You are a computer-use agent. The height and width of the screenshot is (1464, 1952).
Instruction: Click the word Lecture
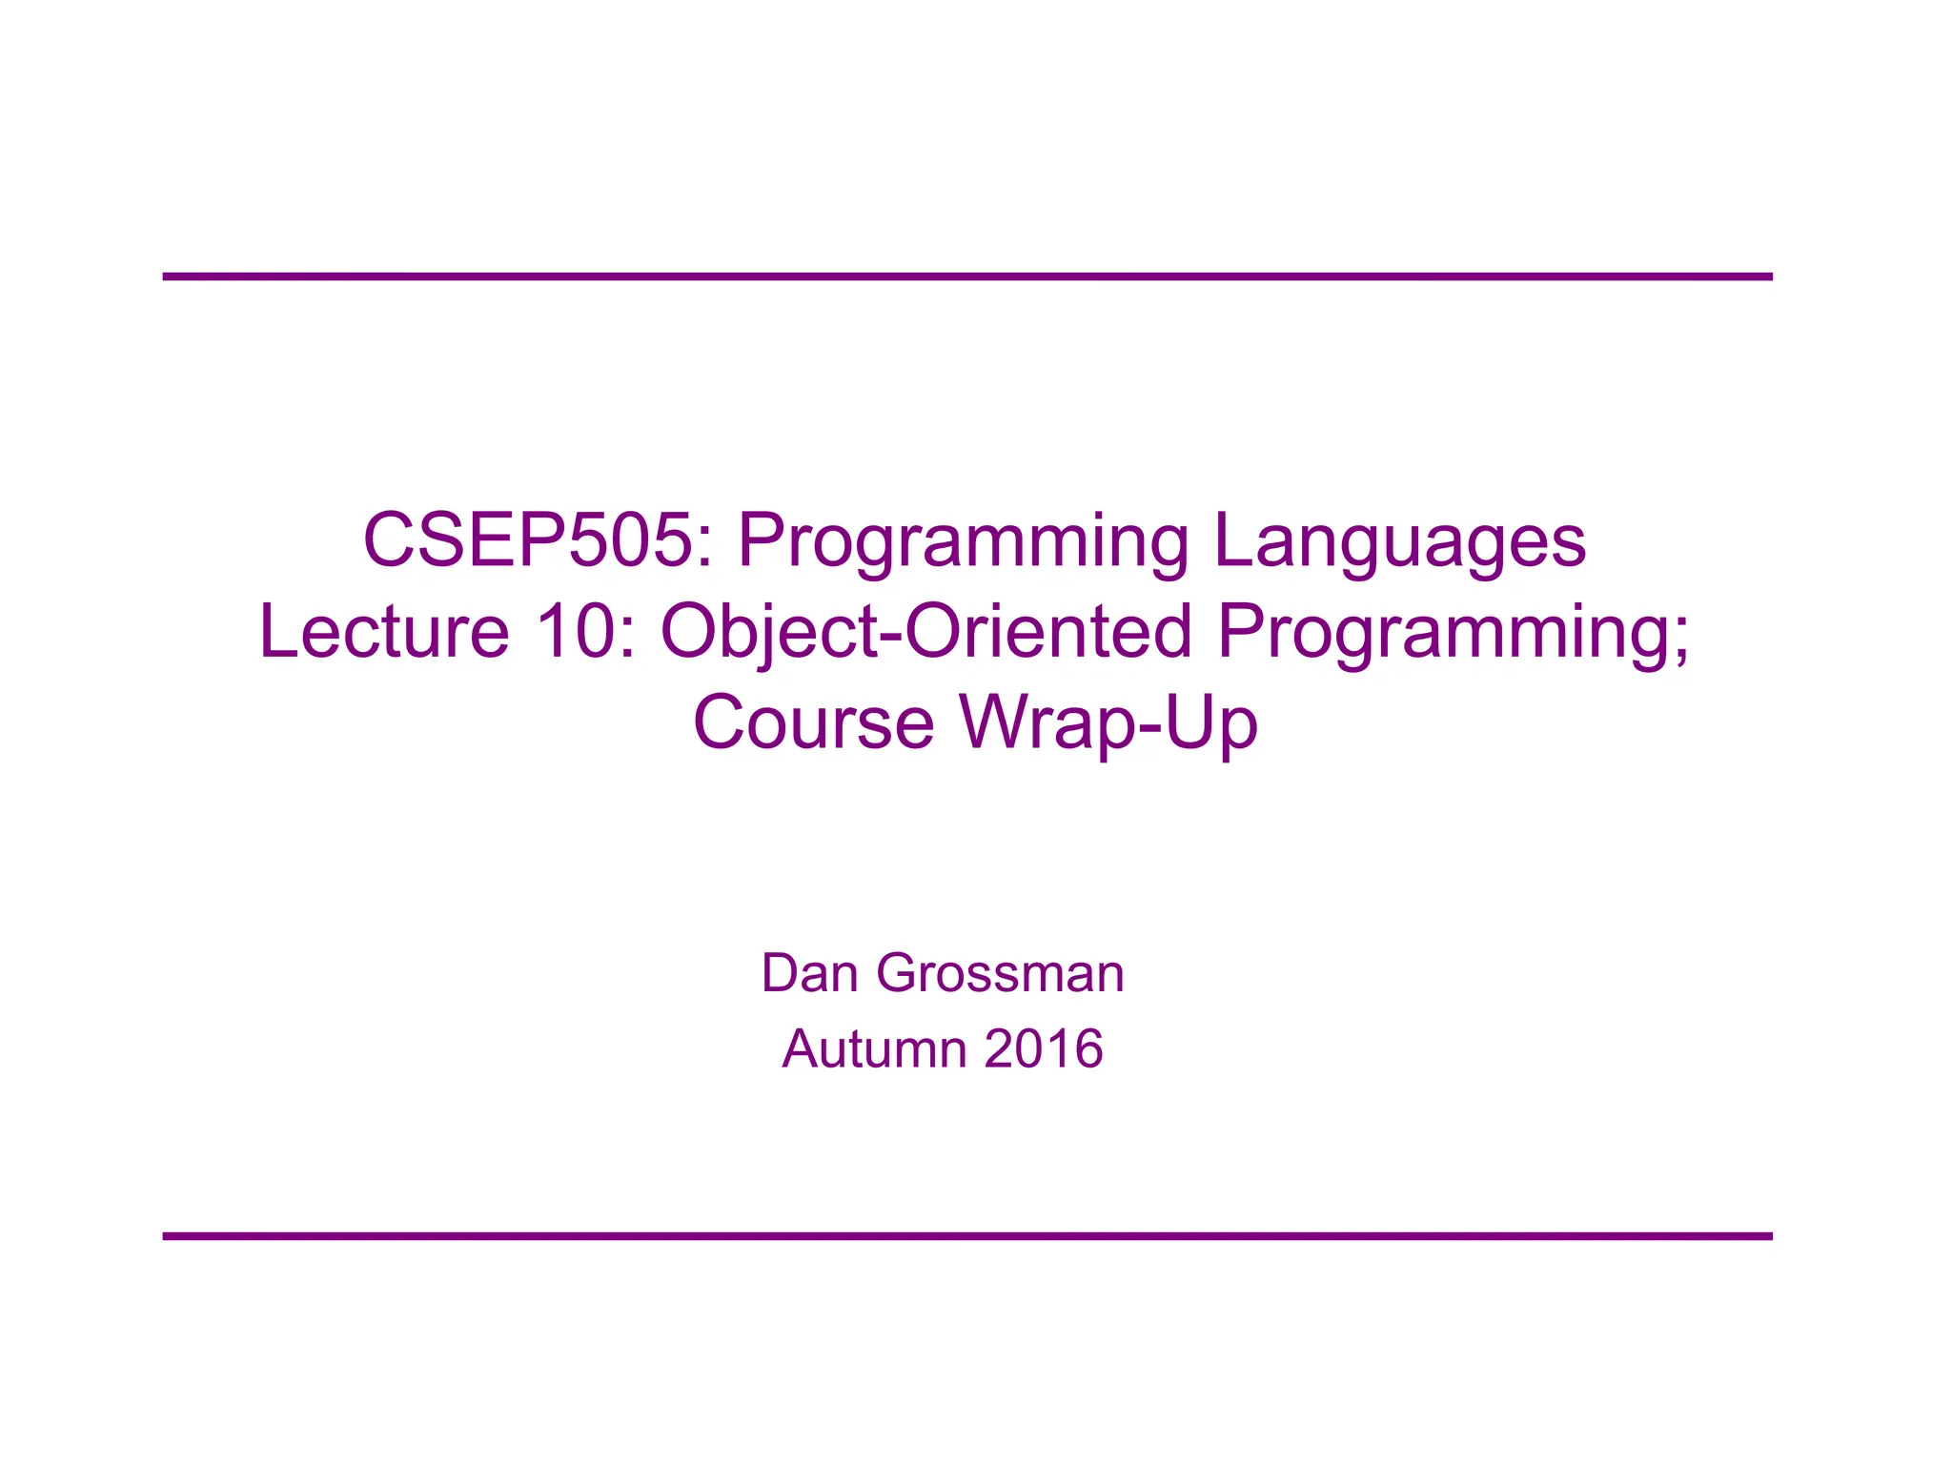pos(384,631)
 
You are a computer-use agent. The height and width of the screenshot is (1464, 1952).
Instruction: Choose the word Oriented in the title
pos(1047,631)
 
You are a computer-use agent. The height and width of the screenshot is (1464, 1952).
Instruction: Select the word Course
pos(813,722)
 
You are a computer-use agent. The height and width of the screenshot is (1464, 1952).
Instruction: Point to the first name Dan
pos(809,973)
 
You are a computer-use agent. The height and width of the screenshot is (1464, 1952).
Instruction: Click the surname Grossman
pos(1000,973)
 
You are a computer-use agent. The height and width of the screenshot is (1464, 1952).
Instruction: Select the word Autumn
pos(874,1048)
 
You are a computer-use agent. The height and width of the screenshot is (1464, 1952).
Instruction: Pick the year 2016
pos(1044,1048)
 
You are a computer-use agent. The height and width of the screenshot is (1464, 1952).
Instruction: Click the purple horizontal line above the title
pos(966,276)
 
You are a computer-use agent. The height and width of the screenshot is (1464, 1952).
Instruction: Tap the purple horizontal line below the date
pos(966,1236)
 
